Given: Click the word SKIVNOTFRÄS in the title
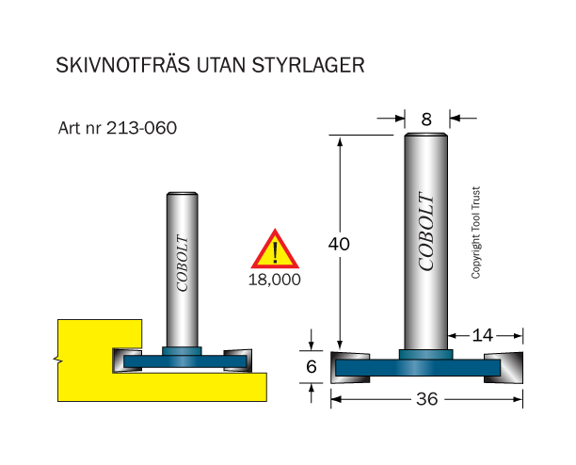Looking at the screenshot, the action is click(123, 65).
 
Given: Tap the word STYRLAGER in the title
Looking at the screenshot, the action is click(308, 65).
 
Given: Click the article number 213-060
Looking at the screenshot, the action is click(141, 128).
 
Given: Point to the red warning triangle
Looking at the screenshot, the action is click(275, 249).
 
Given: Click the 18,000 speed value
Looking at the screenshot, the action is click(275, 280).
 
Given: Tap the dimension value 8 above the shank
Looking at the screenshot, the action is click(426, 120).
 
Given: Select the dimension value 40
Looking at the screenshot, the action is click(339, 244).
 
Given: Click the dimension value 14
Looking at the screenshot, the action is click(482, 335).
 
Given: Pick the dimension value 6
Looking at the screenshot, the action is click(312, 366).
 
